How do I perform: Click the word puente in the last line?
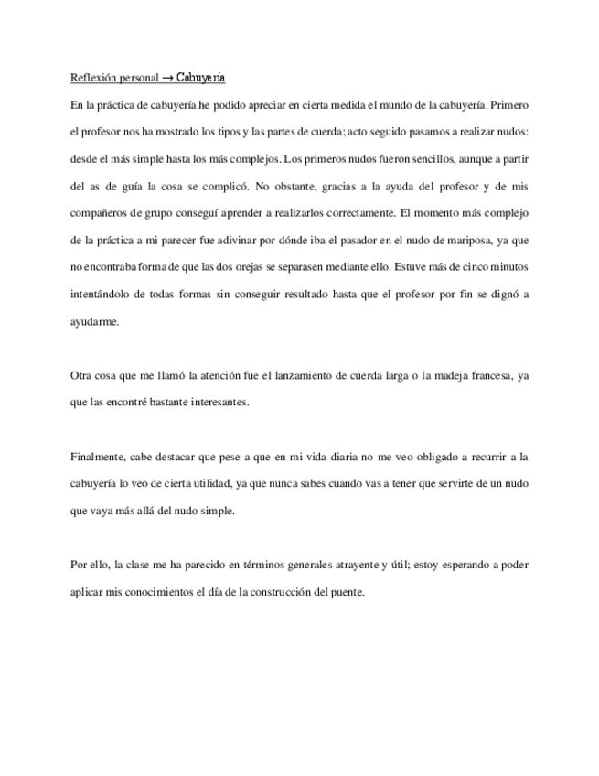(x=347, y=590)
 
